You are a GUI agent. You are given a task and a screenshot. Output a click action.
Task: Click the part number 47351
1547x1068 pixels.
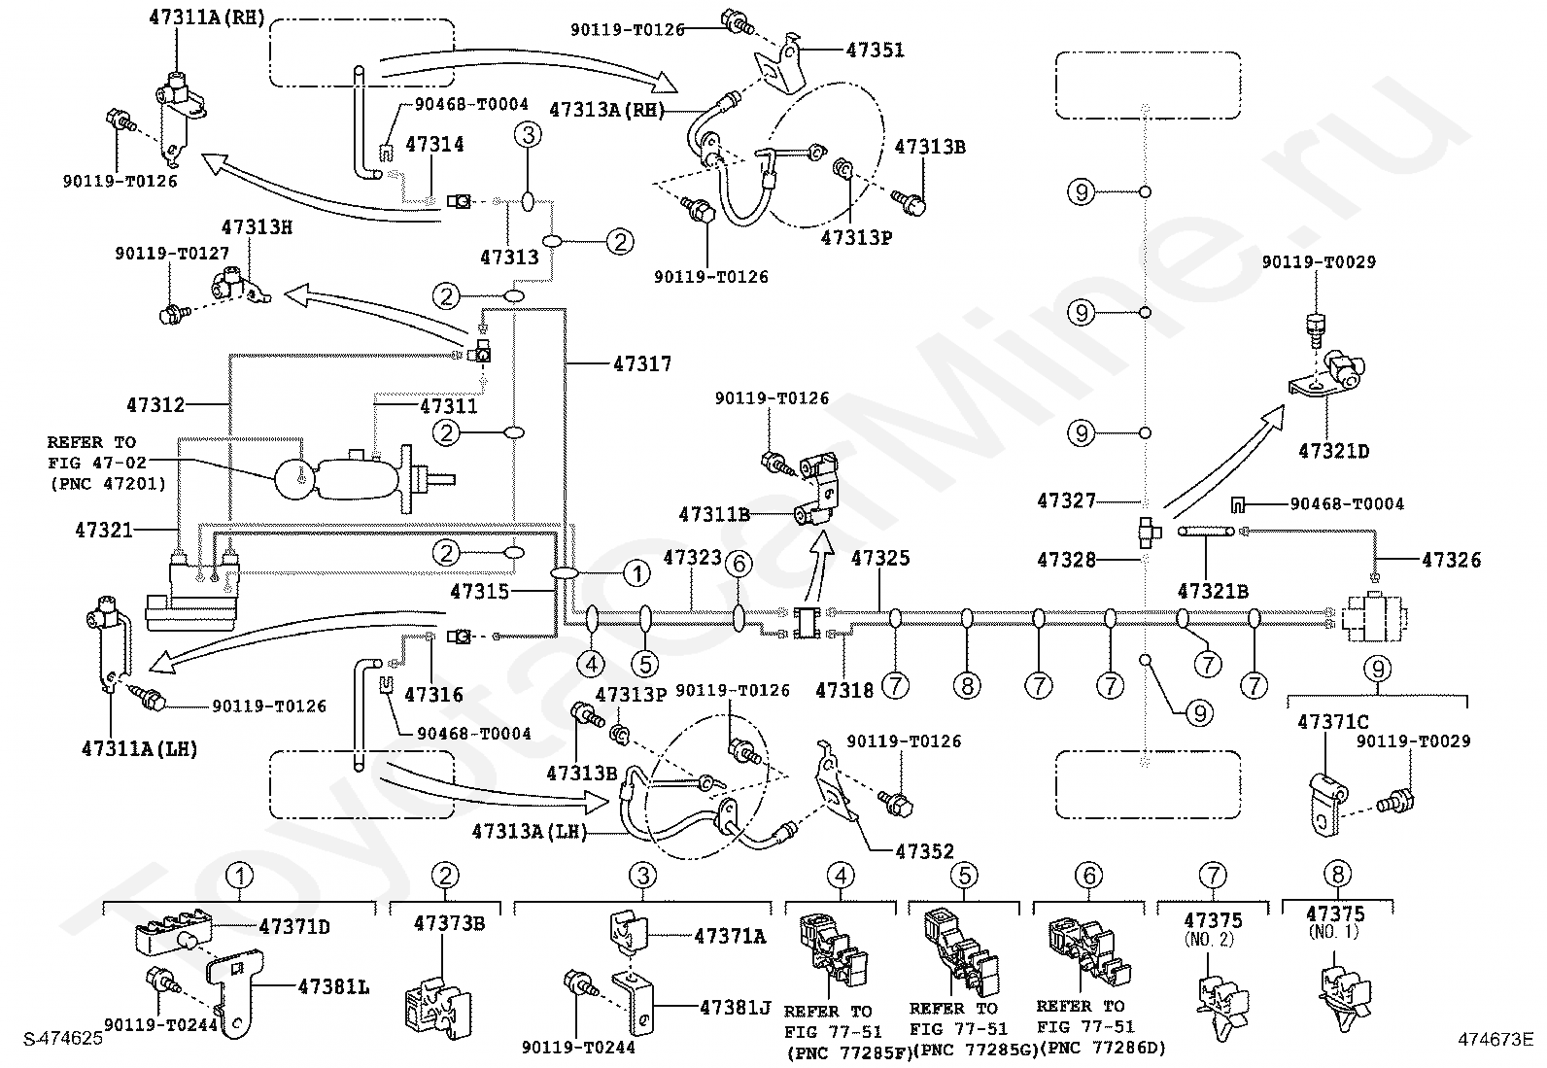pos(875,51)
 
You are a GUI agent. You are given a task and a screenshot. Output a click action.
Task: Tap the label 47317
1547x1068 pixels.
pos(642,364)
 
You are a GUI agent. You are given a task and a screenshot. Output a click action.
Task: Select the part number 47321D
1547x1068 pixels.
pos(1333,452)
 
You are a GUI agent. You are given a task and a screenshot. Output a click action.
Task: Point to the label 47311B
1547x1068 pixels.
pos(714,515)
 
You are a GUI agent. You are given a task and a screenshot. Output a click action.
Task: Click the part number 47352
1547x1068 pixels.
pos(925,851)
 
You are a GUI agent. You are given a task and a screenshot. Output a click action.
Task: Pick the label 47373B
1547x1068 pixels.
pos(450,923)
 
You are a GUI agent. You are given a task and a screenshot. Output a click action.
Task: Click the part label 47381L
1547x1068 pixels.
pos(333,988)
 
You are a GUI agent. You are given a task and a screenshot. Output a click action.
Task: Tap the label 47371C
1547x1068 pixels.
pos(1333,723)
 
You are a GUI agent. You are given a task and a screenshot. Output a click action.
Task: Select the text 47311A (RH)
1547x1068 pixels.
pos(207,17)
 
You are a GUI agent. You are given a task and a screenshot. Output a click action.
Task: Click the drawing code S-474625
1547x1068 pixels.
pos(63,1039)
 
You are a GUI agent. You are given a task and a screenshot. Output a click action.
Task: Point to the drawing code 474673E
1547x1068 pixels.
pos(1495,1039)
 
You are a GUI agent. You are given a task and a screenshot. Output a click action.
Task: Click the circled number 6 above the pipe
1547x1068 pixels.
pos(739,565)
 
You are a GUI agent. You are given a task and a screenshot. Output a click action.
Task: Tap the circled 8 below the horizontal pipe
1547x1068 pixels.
pos(967,686)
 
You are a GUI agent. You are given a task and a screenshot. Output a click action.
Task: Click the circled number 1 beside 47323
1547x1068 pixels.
pos(636,573)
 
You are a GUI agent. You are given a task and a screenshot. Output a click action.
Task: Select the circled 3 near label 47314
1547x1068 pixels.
pos(528,135)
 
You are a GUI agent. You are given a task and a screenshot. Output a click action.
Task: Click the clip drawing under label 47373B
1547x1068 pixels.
pos(437,1007)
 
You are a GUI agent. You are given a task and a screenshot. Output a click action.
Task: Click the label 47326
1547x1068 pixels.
pos(1451,561)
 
